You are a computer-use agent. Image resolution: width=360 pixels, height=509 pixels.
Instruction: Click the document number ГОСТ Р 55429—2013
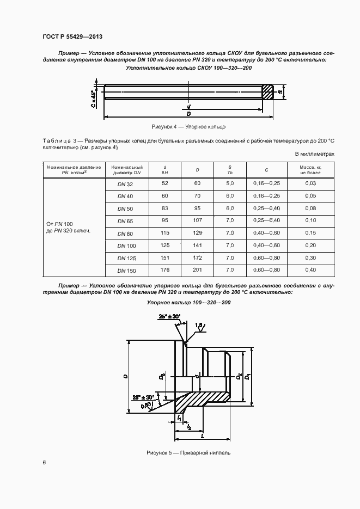pyautogui.click(x=72, y=36)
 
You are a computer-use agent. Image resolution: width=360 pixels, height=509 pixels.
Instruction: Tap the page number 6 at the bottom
pyautogui.click(x=44, y=462)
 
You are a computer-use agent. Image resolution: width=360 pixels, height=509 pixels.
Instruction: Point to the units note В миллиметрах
pyautogui.click(x=314, y=154)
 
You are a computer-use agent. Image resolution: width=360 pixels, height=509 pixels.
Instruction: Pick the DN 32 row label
pyautogui.click(x=125, y=184)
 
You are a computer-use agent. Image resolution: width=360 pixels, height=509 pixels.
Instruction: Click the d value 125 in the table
pyautogui.click(x=165, y=245)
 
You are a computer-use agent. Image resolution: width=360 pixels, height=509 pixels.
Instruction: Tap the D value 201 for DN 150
pyautogui.click(x=197, y=269)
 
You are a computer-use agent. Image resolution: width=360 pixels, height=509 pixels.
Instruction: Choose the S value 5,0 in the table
pyautogui.click(x=230, y=183)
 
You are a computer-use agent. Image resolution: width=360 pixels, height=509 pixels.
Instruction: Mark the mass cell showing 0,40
pyautogui.click(x=310, y=269)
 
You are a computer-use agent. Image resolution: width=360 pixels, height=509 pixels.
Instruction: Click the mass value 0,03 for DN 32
pyautogui.click(x=310, y=183)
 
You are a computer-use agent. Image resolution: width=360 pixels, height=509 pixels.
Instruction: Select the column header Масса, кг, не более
pyautogui.click(x=310, y=169)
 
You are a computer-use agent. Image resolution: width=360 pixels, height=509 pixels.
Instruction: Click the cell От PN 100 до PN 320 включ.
pyautogui.click(x=69, y=227)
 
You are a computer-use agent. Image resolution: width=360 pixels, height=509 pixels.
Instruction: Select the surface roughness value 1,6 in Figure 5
pyautogui.click(x=199, y=324)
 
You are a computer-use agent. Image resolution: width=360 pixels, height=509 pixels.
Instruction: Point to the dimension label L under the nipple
pyautogui.click(x=202, y=436)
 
